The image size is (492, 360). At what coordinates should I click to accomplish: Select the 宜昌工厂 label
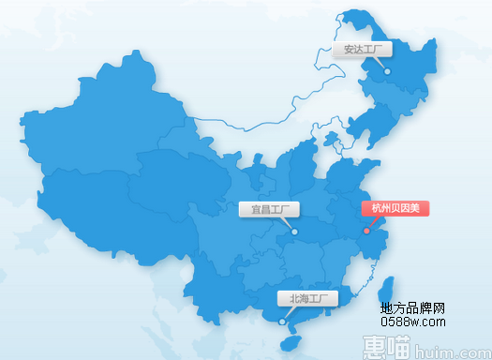point(268,209)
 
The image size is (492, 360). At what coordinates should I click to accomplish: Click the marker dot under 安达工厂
point(387,68)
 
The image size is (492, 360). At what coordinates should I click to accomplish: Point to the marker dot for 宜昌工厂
point(294,231)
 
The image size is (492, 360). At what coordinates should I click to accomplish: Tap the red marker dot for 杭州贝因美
point(366,231)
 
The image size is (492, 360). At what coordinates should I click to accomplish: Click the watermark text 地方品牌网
point(412,308)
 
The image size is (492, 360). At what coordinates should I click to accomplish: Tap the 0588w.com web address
point(412,321)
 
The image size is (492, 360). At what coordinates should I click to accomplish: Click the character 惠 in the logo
point(376,349)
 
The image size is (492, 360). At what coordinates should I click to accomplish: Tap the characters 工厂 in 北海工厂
point(321,299)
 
